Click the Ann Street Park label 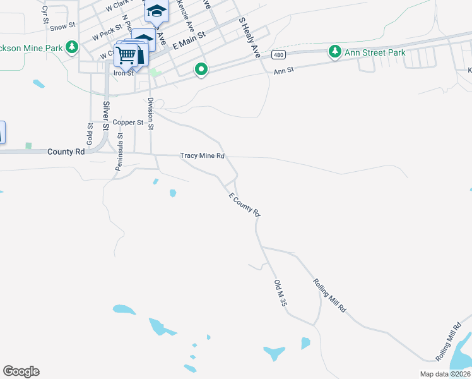pyautogui.click(x=375, y=52)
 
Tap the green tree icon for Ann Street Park pyautogui.click(x=334, y=52)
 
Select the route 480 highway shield pyautogui.click(x=278, y=55)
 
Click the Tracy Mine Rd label pyautogui.click(x=203, y=156)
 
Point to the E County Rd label pyautogui.click(x=244, y=206)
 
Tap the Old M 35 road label pyautogui.click(x=281, y=294)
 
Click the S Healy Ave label pyautogui.click(x=249, y=38)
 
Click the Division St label pyautogui.click(x=151, y=114)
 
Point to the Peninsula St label pyautogui.click(x=119, y=152)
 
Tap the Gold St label pyautogui.click(x=90, y=133)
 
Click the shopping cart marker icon pyautogui.click(x=126, y=56)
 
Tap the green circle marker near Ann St pyautogui.click(x=201, y=69)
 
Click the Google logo pyautogui.click(x=21, y=371)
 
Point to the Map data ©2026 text pyautogui.click(x=445, y=374)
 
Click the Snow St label pyautogui.click(x=62, y=27)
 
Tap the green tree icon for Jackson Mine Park pyautogui.click(x=72, y=47)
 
